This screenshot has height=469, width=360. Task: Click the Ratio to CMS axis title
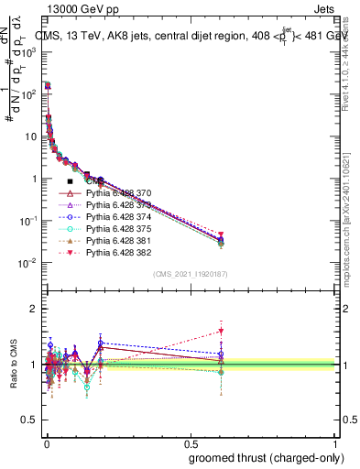tap(13, 365)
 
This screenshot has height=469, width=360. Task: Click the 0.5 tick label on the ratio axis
tap(31, 422)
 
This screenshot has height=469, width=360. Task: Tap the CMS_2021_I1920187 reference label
tap(191, 274)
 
